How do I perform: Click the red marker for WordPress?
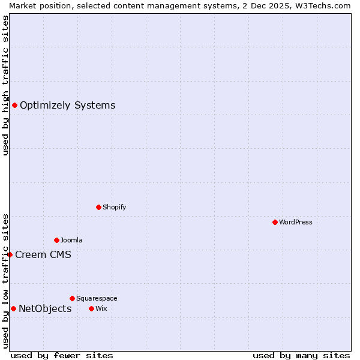click(275, 222)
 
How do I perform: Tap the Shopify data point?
click(98, 207)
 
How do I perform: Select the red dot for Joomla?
click(56, 240)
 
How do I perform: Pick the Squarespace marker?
click(72, 298)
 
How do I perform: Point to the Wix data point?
click(91, 308)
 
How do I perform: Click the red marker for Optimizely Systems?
click(14, 106)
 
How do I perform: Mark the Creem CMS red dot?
click(10, 254)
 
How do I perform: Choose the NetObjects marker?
click(13, 308)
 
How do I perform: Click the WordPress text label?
click(296, 222)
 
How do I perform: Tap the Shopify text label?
click(114, 207)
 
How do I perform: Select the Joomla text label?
click(71, 240)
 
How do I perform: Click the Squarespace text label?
click(97, 298)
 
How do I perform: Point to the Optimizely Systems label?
click(67, 106)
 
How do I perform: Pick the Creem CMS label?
click(43, 254)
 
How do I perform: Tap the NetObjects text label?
click(45, 308)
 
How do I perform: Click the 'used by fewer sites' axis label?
click(62, 355)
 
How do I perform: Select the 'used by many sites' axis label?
click(301, 355)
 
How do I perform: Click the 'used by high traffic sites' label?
click(5, 85)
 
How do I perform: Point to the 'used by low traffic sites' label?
click(5, 281)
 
